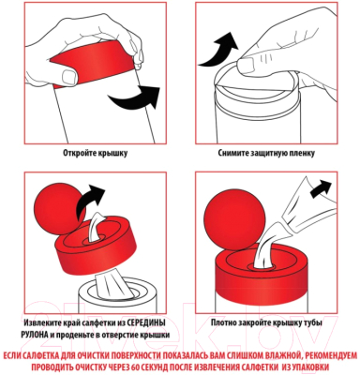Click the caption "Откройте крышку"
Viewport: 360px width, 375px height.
91,151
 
